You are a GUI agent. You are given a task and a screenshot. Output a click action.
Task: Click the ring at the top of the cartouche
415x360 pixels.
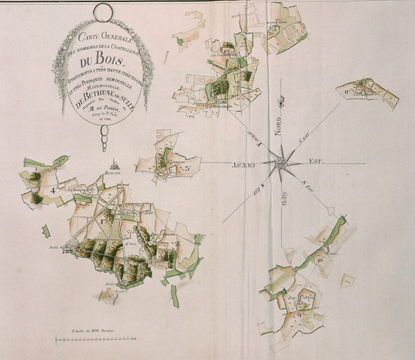click(103, 12)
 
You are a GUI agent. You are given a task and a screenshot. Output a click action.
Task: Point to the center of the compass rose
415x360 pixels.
click(281, 164)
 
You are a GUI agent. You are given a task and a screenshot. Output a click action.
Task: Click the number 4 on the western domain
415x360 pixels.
click(53, 190)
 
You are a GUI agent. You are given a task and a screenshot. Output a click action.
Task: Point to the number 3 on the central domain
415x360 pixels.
click(187, 168)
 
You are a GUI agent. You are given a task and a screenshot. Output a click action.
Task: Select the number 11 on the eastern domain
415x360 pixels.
click(348, 89)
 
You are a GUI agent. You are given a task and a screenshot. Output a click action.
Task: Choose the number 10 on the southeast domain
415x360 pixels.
click(320, 260)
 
